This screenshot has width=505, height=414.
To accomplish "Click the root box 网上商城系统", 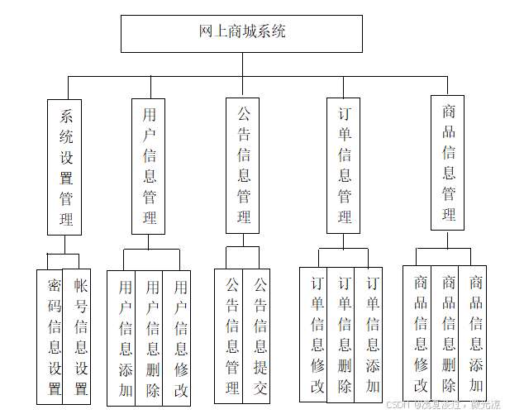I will point(241,33).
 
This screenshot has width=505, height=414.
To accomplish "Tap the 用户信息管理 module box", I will point(149,166).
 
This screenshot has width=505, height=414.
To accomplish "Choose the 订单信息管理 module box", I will point(344,166).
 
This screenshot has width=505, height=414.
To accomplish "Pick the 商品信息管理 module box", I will point(448,163).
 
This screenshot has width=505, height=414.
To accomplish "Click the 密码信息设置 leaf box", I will point(50,336).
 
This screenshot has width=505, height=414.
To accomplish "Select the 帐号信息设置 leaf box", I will point(79,336).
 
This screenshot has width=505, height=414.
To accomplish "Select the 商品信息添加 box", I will point(474,332).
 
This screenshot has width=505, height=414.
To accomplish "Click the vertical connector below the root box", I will point(242,64).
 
